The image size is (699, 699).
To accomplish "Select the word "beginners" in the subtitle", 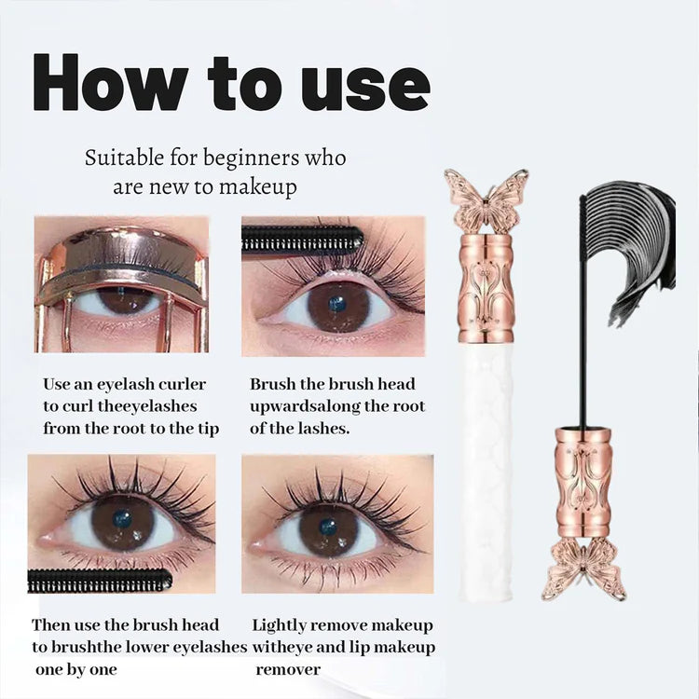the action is coord(252,159).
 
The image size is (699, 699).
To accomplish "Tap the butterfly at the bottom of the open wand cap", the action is coord(583,569).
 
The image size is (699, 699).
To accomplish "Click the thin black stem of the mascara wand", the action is coord(582,312).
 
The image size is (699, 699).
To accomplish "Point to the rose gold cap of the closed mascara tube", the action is coord(487,288).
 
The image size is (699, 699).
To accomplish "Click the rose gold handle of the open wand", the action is coord(583,483).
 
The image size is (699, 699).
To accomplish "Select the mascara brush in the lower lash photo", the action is coord(100,580).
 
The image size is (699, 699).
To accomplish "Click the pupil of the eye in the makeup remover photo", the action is coord(328,528).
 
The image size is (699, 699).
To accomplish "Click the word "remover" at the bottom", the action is coord(288,669).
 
